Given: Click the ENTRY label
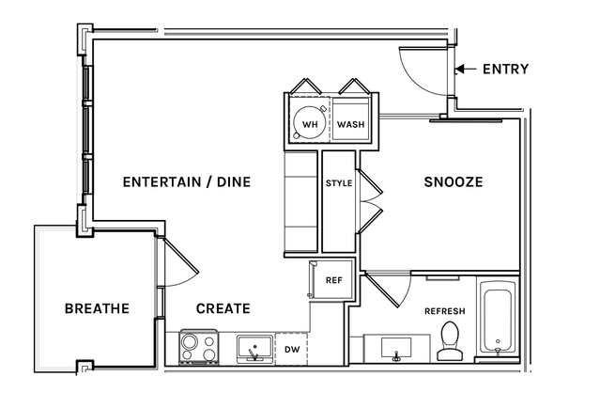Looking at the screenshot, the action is pos(505,69).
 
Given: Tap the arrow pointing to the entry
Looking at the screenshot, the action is pos(466,69).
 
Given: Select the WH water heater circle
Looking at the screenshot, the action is pos(310,123).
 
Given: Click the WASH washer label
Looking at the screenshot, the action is pos(350,124).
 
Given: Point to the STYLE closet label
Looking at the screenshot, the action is pos(339,183).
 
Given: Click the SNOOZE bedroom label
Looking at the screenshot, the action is pos(454,181).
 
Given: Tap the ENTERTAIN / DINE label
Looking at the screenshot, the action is pos(187,181).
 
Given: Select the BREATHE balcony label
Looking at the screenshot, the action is pos(97,308).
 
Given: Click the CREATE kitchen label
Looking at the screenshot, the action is pos(223,308).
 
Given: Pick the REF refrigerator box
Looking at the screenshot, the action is pos(331,279).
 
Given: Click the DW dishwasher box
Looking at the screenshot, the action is pos(292,349).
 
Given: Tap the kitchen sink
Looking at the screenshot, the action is pos(254,349).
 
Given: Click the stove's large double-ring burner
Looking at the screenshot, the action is pos(189,341).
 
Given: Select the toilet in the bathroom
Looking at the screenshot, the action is pos(449,341).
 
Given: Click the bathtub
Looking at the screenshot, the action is pos(498,321).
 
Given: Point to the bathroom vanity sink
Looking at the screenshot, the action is pos(396,349).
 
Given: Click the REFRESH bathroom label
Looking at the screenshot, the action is pos(445,311).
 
